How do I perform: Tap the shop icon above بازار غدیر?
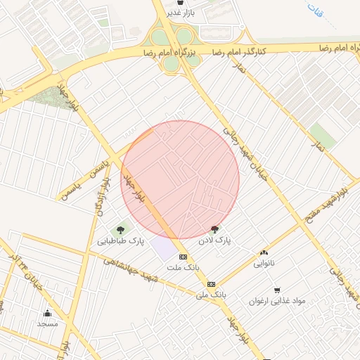pos(183,2)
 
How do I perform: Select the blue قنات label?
pos(325,12)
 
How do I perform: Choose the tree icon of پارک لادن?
pos(214,229)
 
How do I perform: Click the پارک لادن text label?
pos(214,240)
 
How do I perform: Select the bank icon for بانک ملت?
pos(183,257)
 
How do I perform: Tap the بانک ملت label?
pos(183,269)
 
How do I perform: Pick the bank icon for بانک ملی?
pos(211,284)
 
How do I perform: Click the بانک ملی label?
pos(211,295)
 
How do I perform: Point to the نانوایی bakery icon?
pos(264,253)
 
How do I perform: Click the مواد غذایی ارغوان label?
pos(277,301)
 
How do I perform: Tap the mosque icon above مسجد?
pos(48,313)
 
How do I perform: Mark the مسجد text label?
pos(47,324)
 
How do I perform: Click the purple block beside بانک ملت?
pos(163,248)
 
